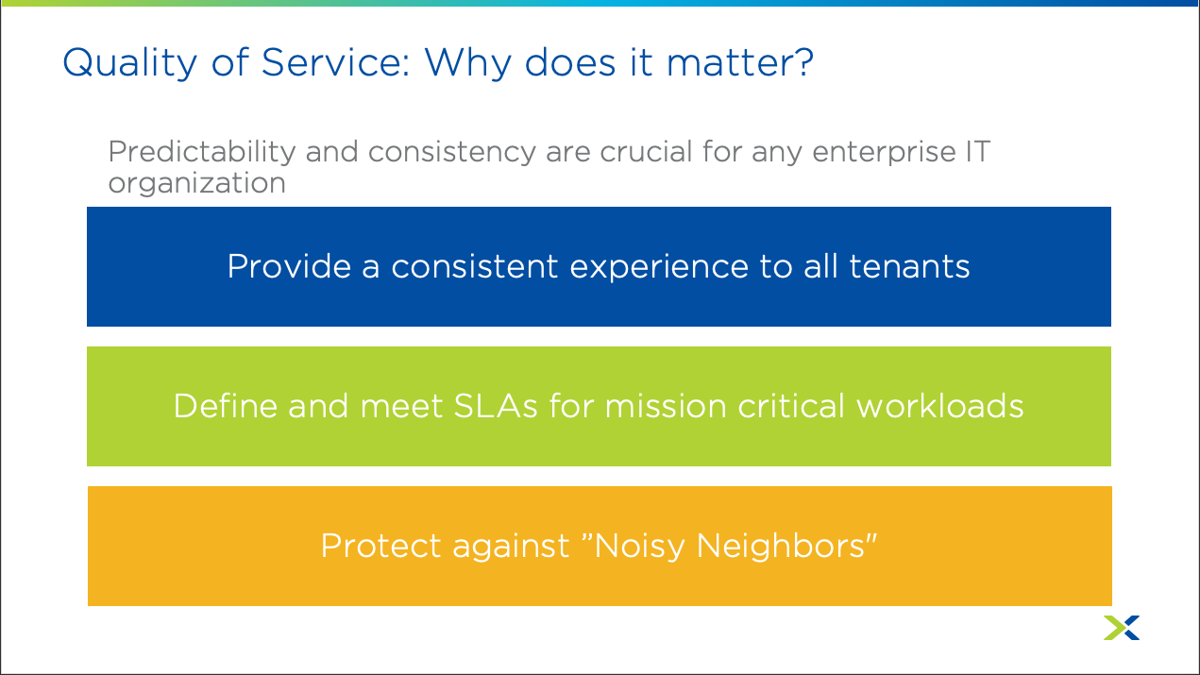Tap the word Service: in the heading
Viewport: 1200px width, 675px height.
pos(336,62)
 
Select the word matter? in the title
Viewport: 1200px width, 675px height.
pos(740,63)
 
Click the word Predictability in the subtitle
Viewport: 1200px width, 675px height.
pos(202,153)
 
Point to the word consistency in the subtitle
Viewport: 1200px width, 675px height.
pos(451,153)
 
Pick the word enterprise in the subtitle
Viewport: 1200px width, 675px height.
pos(884,153)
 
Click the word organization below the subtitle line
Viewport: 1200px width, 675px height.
pos(197,184)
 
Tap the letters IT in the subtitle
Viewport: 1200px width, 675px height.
pos(978,151)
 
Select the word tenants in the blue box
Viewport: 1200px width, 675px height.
pos(909,267)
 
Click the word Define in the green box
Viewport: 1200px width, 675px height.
pos(226,406)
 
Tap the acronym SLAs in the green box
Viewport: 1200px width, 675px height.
pos(496,406)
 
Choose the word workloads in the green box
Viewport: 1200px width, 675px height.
pos(940,406)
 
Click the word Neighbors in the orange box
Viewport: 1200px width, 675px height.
pos(781,547)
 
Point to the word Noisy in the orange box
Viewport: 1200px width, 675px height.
pos(639,547)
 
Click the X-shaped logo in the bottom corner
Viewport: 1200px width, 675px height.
pos(1122,627)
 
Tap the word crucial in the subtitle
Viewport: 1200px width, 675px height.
pos(646,152)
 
